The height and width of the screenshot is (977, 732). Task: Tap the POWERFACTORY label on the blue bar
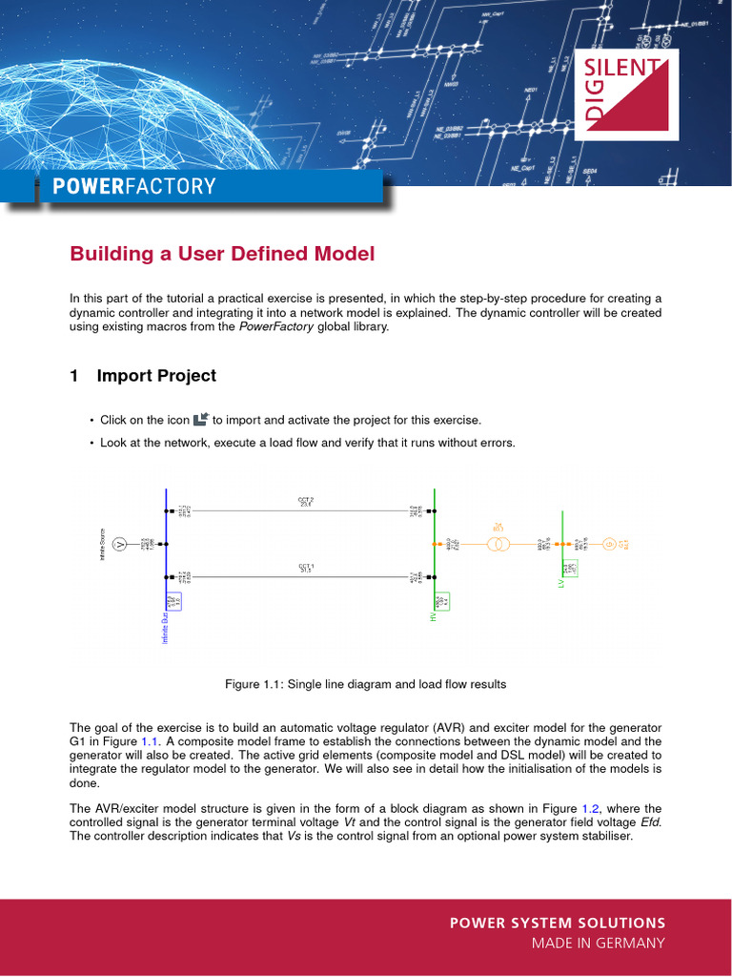[134, 186]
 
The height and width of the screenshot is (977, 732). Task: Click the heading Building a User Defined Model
[222, 254]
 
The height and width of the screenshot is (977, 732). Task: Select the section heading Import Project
[156, 376]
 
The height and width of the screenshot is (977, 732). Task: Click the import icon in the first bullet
[201, 420]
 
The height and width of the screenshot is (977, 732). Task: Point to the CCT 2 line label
[305, 501]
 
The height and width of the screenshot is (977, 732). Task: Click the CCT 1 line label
[305, 568]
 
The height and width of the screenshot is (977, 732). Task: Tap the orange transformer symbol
[498, 544]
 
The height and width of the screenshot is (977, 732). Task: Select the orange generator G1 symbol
[609, 544]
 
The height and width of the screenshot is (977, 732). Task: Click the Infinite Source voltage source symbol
[120, 544]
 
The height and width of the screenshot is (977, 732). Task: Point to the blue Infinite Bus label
[165, 628]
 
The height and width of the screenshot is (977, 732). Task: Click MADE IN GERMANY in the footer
[598, 944]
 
